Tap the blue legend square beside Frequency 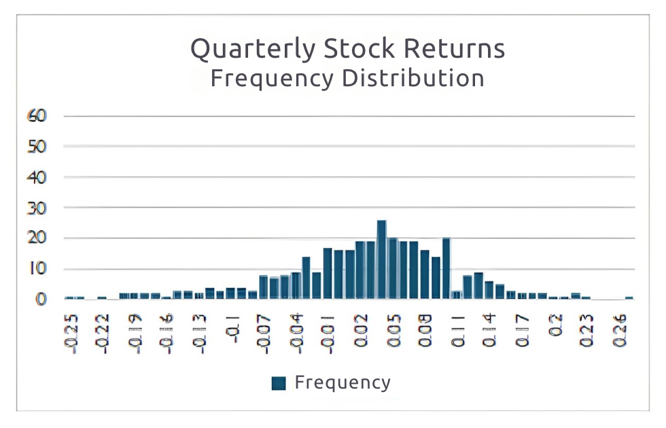278,383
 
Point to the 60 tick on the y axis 37,115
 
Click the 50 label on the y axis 37,146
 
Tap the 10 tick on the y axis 37,268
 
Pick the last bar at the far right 629,298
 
